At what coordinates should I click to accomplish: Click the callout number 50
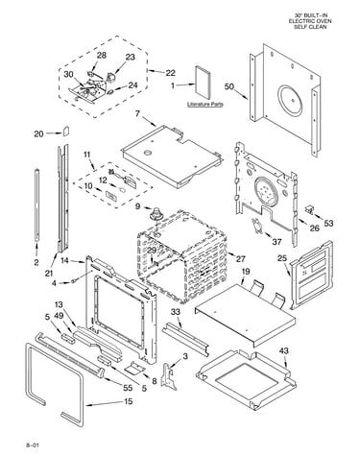229,86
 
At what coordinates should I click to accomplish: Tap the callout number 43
283,350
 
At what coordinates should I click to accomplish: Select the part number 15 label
129,401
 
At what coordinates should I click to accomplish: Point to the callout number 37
276,242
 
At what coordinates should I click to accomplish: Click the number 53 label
328,223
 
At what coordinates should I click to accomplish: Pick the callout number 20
38,133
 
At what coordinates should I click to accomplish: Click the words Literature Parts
205,105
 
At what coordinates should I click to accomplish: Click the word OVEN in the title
324,21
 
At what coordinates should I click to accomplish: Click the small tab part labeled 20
66,131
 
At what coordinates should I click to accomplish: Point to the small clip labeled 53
309,208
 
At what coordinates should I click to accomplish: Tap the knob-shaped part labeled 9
156,213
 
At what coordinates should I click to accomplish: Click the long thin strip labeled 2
37,204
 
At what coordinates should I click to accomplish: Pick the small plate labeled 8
134,368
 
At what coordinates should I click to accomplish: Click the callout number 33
176,312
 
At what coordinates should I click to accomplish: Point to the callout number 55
128,388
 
